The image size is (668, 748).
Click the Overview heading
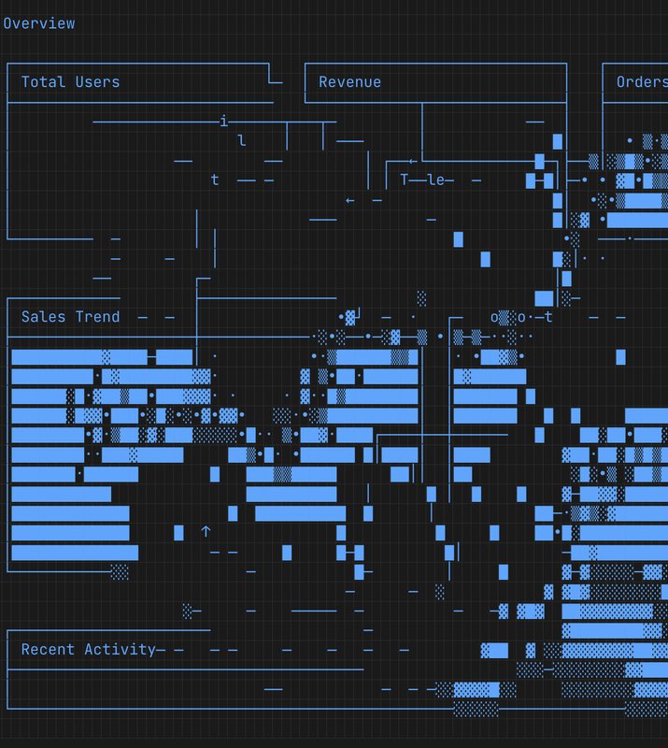click(39, 23)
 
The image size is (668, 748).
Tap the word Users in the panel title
click(97, 82)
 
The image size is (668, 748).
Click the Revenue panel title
click(349, 82)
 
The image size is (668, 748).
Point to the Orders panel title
click(641, 82)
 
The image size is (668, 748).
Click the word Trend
click(97, 317)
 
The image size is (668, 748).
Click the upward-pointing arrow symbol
click(206, 532)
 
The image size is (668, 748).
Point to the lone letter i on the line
click(223, 122)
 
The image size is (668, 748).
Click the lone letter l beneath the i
click(242, 141)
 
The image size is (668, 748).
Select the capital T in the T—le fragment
click(405, 180)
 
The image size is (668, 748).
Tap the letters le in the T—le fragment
click(436, 180)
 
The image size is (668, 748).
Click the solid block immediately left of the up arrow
click(178, 532)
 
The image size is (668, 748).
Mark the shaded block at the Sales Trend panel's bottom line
click(120, 571)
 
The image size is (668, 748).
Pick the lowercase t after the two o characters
click(549, 317)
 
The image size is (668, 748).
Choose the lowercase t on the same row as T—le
click(215, 180)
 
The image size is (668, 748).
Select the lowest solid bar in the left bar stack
click(75, 552)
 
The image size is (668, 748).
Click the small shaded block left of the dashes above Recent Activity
click(187, 611)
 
